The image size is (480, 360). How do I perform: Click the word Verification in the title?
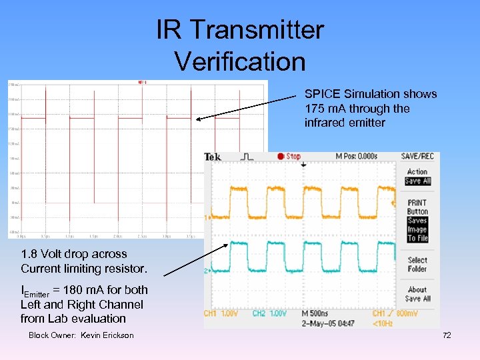[240, 61]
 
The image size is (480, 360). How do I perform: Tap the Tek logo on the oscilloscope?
[214, 157]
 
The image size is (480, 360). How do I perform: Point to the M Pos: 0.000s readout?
[357, 157]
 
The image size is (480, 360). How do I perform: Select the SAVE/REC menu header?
[418, 157]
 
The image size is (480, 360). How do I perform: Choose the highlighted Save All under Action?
[418, 181]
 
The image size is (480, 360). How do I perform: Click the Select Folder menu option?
[417, 264]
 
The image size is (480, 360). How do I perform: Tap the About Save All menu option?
[418, 294]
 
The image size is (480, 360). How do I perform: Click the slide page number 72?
[447, 335]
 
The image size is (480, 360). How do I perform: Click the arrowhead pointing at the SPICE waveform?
[198, 119]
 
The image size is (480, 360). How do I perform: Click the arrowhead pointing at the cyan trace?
[227, 244]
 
